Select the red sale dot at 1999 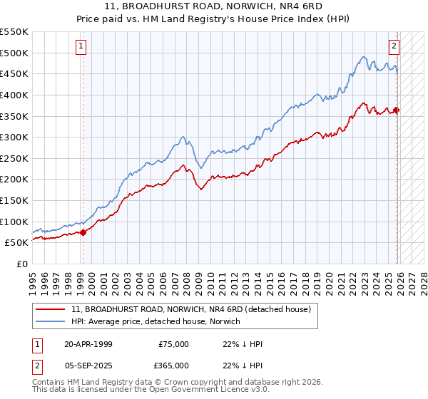tap(83, 232)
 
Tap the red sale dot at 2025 tap(397, 110)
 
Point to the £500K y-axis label tap(14, 53)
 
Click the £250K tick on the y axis tap(14, 158)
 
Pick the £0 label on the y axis tap(21, 264)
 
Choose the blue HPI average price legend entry tap(156, 322)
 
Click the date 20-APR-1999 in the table tap(88, 344)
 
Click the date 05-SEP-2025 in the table tap(88, 365)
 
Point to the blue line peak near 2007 tap(183, 136)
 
